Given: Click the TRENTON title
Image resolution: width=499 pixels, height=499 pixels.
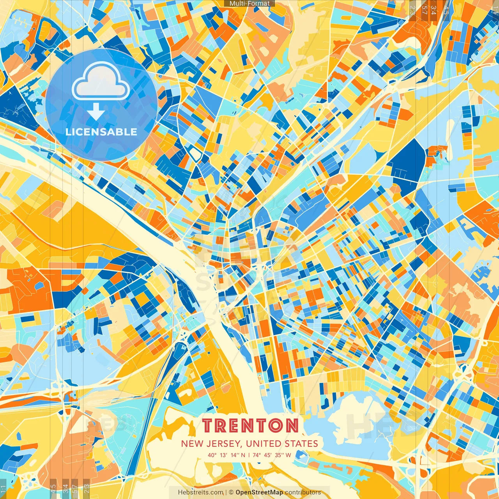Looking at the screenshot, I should (x=250, y=426).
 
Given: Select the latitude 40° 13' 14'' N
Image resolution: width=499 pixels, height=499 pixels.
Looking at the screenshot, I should (x=226, y=455).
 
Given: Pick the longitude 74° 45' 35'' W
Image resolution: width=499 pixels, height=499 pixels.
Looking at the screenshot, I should (x=272, y=455).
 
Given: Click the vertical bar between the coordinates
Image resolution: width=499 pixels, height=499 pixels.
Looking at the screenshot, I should (x=249, y=455).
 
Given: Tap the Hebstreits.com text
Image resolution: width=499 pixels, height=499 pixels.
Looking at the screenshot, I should (x=200, y=492).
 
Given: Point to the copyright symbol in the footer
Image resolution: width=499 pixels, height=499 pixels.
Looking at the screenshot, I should (x=231, y=492).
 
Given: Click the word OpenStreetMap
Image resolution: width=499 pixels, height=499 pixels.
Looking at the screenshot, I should (x=259, y=492).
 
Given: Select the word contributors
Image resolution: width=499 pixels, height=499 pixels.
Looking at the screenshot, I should (x=303, y=492).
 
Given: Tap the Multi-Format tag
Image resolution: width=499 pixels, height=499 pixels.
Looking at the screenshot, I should (x=249, y=4).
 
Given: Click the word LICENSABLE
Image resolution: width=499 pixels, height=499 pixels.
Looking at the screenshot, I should (x=101, y=132).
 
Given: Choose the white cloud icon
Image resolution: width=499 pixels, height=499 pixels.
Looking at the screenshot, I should (x=101, y=81).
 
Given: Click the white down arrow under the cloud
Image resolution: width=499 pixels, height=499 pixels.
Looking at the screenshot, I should (x=96, y=112).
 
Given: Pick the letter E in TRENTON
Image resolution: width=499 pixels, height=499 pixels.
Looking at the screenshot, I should (x=237, y=426).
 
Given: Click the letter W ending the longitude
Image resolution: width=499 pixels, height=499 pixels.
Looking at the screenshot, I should (x=288, y=455).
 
